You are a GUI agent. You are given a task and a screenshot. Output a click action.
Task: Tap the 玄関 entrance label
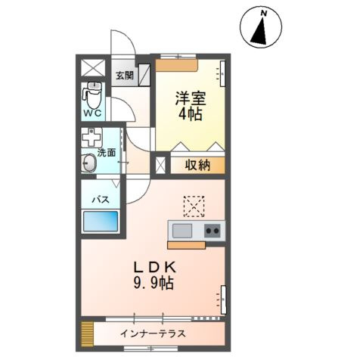pyautogui.click(x=124, y=75)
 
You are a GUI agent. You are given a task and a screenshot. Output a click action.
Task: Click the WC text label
pyautogui.click(x=93, y=113)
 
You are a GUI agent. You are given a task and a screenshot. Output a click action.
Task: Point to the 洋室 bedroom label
pyautogui.click(x=191, y=98)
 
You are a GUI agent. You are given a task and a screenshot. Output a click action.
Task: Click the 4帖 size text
pyautogui.click(x=191, y=115)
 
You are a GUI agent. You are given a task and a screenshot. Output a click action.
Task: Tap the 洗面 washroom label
pyautogui.click(x=107, y=152)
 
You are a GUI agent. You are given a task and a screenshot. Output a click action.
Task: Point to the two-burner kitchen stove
pyautogui.click(x=213, y=231)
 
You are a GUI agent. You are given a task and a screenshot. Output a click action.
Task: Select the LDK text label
pyautogui.click(x=155, y=267)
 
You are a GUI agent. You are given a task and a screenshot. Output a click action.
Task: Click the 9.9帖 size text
pyautogui.click(x=155, y=284)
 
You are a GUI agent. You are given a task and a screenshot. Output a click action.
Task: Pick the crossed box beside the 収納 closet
pyautogui.click(x=160, y=166)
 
